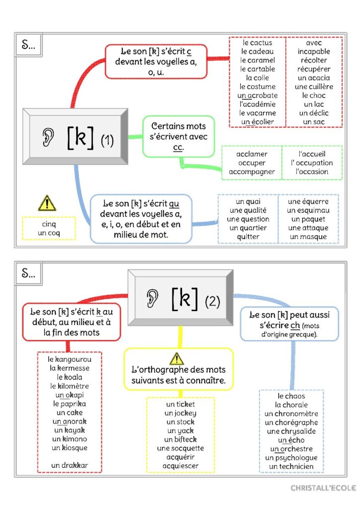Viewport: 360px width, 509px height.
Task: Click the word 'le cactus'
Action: pyautogui.click(x=257, y=43)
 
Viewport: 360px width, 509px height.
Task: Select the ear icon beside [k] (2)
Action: pyautogui.click(x=153, y=298)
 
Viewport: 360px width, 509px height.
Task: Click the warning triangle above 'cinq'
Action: pyautogui.click(x=47, y=203)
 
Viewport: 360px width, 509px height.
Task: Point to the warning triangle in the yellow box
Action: pyautogui.click(x=177, y=358)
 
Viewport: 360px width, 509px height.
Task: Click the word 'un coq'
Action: pyautogui.click(x=49, y=233)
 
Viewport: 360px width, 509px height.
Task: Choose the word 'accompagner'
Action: pyautogui.click(x=252, y=171)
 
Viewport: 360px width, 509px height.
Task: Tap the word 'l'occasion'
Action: pyautogui.click(x=312, y=171)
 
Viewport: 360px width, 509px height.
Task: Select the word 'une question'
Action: pyautogui.click(x=248, y=219)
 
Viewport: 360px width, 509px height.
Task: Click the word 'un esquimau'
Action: pyautogui.click(x=308, y=210)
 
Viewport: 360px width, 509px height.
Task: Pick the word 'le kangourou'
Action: pyautogui.click(x=69, y=358)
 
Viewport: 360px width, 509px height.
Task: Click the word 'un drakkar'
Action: pyautogui.click(x=69, y=466)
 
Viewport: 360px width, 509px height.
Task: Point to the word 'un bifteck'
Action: pyautogui.click(x=180, y=439)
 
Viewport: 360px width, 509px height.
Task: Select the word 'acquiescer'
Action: pyautogui.click(x=180, y=466)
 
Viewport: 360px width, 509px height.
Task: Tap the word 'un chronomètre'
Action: pyautogui.click(x=291, y=414)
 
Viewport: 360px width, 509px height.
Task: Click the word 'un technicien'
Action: pyautogui.click(x=291, y=466)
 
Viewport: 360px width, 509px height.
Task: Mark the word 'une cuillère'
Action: pyautogui.click(x=314, y=86)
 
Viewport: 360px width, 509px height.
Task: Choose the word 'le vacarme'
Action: pyautogui.click(x=257, y=113)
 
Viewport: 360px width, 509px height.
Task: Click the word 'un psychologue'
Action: pyautogui.click(x=291, y=457)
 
